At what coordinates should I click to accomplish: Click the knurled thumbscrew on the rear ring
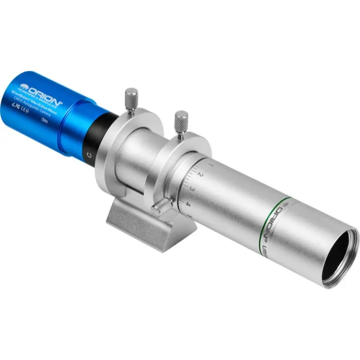pyautogui.click(x=131, y=100)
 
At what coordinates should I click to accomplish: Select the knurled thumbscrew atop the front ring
pyautogui.click(x=181, y=120)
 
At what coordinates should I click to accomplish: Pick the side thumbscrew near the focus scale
pyautogui.click(x=162, y=207)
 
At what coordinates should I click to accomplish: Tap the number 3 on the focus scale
pyautogui.click(x=192, y=189)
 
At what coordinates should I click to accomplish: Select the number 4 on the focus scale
pyautogui.click(x=188, y=204)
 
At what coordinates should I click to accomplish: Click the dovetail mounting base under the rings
pyautogui.click(x=148, y=225)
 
